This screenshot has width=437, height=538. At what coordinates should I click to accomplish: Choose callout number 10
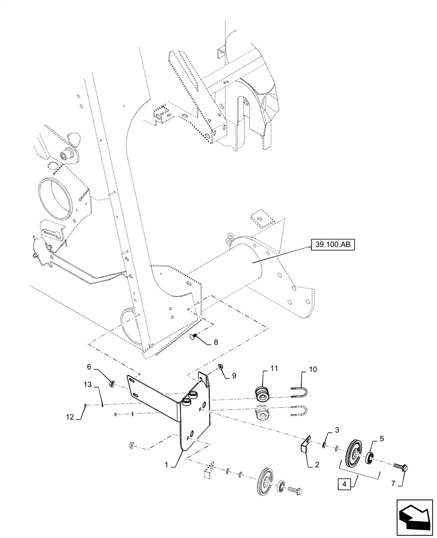[313, 371]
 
